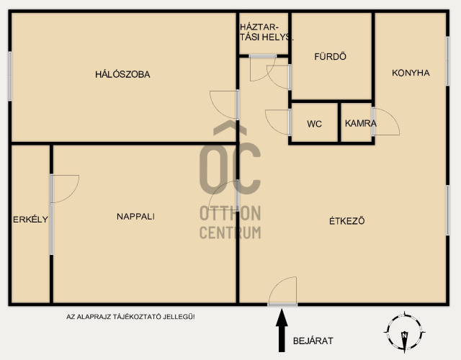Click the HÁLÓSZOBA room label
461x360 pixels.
pos(122,74)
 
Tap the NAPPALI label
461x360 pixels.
pos(135,217)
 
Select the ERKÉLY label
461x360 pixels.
pos(30,219)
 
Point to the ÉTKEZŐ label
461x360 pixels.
pos(347,220)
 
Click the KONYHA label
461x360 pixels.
pos(411,73)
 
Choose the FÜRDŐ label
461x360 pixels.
pos(330,56)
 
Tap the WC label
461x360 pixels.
pos(314,124)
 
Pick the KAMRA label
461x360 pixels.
pos(360,123)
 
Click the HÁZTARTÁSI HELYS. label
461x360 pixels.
pos(267,32)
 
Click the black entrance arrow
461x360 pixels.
pos(282,330)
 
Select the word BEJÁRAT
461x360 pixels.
pos(313,341)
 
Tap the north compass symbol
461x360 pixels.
pos(404,332)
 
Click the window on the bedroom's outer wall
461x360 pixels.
pos(10,76)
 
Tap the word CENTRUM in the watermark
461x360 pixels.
pos(230,232)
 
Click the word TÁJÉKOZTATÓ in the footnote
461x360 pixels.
pos(137,317)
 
